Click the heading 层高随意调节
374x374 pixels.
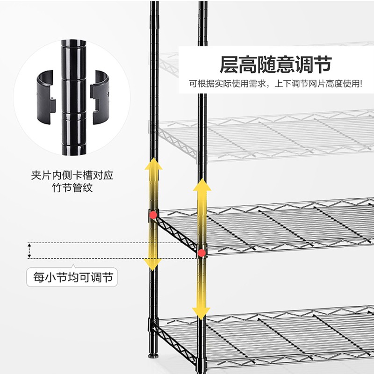[276, 65]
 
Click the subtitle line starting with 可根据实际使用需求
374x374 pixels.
[276, 84]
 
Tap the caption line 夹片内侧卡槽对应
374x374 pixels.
[72, 175]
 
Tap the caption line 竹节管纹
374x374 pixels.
[72, 188]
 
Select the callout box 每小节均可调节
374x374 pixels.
[72, 277]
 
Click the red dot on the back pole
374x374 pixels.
[153, 215]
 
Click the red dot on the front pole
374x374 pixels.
[202, 253]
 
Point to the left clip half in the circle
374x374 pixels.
[46, 97]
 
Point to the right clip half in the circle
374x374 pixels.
[100, 97]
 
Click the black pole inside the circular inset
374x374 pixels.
[74, 97]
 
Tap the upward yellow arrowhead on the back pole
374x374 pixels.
[153, 164]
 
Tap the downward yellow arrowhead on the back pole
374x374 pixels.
[153, 265]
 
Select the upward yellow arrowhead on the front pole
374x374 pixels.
[202, 185]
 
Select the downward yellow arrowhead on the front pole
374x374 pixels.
[201, 313]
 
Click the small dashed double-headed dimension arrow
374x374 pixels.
[29, 251]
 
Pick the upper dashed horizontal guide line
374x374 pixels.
[112, 243]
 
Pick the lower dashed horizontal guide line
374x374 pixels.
[112, 258]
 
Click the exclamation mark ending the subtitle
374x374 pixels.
[361, 84]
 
